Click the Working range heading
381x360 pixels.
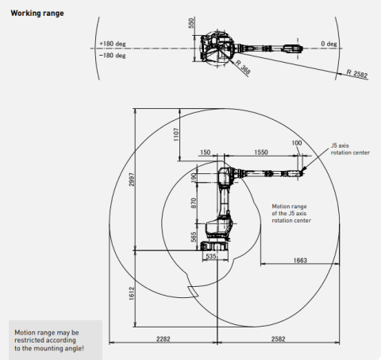coord(37,14)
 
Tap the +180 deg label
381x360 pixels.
coord(113,44)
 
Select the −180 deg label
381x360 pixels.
coord(113,56)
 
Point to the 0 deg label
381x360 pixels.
coord(329,44)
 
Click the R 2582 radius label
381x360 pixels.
coord(357,73)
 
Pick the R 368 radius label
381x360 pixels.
coord(243,67)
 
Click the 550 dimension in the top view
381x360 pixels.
coord(191,23)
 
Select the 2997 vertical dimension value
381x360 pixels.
coord(132,180)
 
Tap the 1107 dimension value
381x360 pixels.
coord(176,134)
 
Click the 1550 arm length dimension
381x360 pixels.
coord(261,153)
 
